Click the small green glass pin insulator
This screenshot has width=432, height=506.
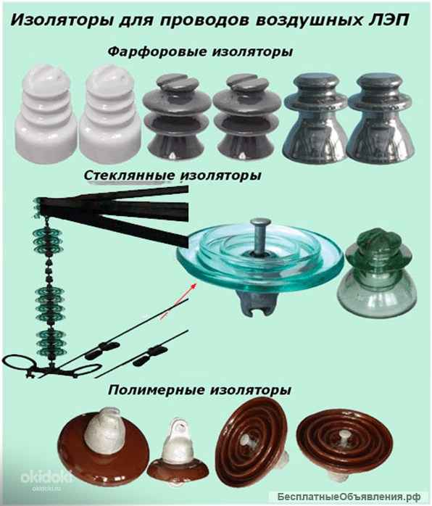pos(376,269)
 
